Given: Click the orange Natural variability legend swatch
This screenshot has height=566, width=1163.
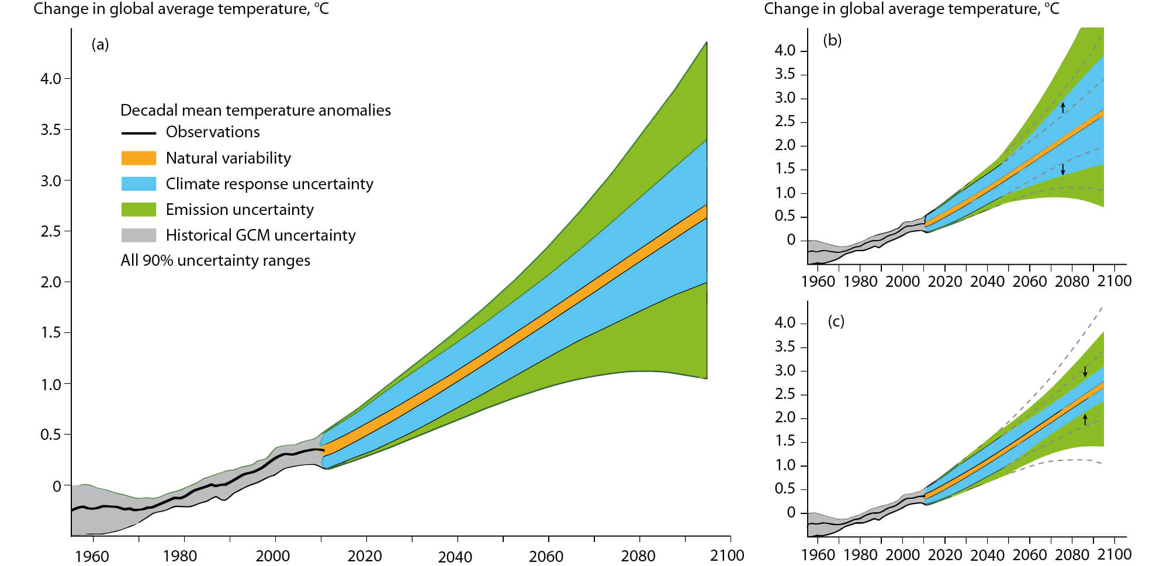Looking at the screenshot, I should [139, 158].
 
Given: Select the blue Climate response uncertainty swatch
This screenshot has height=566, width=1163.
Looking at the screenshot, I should [139, 184].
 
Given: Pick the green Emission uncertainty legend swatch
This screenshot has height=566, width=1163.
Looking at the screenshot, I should [139, 210].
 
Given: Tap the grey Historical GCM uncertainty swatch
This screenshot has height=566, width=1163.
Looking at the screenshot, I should [139, 235].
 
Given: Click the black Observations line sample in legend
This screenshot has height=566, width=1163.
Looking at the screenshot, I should [139, 133].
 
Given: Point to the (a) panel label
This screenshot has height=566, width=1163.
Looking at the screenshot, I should [100, 44].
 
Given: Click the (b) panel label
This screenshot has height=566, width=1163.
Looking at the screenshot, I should [832, 40].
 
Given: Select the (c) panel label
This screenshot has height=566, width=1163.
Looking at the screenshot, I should [836, 321].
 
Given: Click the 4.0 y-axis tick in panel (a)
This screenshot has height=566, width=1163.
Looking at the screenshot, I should [51, 79].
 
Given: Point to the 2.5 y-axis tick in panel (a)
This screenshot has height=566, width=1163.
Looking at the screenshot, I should [51, 231].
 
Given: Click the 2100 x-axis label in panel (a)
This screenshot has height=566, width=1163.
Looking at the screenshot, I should [727, 555].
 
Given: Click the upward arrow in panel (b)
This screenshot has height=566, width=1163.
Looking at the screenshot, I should [1063, 107].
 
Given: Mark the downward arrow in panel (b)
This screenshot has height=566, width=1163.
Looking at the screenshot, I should [1063, 169].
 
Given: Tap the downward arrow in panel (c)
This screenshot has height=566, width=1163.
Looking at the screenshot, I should [1085, 371].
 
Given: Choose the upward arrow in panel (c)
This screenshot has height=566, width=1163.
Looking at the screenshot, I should [1085, 418].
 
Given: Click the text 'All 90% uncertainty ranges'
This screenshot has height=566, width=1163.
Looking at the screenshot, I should [215, 261].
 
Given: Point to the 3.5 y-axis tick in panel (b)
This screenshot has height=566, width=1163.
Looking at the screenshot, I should [785, 74].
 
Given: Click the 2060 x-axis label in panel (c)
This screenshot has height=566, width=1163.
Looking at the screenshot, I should [1030, 554].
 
